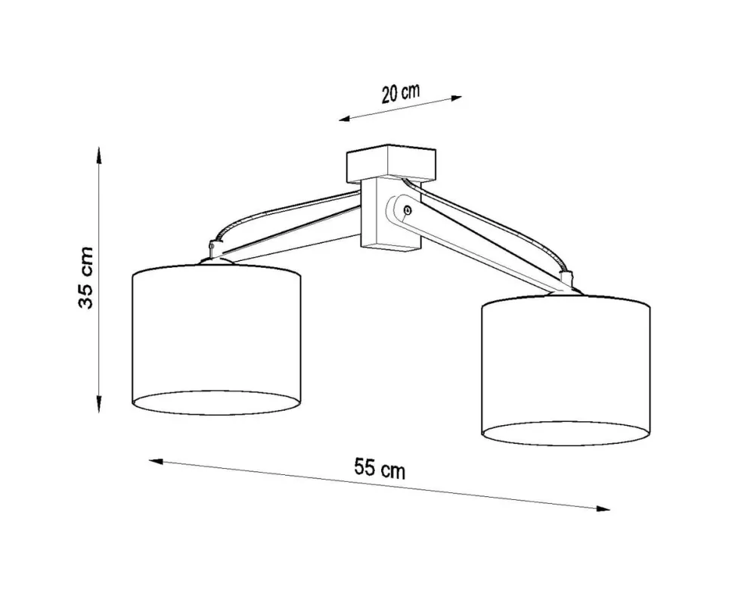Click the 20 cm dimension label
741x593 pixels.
coord(401,93)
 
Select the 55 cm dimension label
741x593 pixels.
coord(380,469)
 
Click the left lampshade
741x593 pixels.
coord(216,340)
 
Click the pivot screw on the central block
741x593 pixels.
coord(408,209)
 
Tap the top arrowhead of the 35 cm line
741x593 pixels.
coord(99,154)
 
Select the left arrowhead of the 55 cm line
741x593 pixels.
coord(156,461)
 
